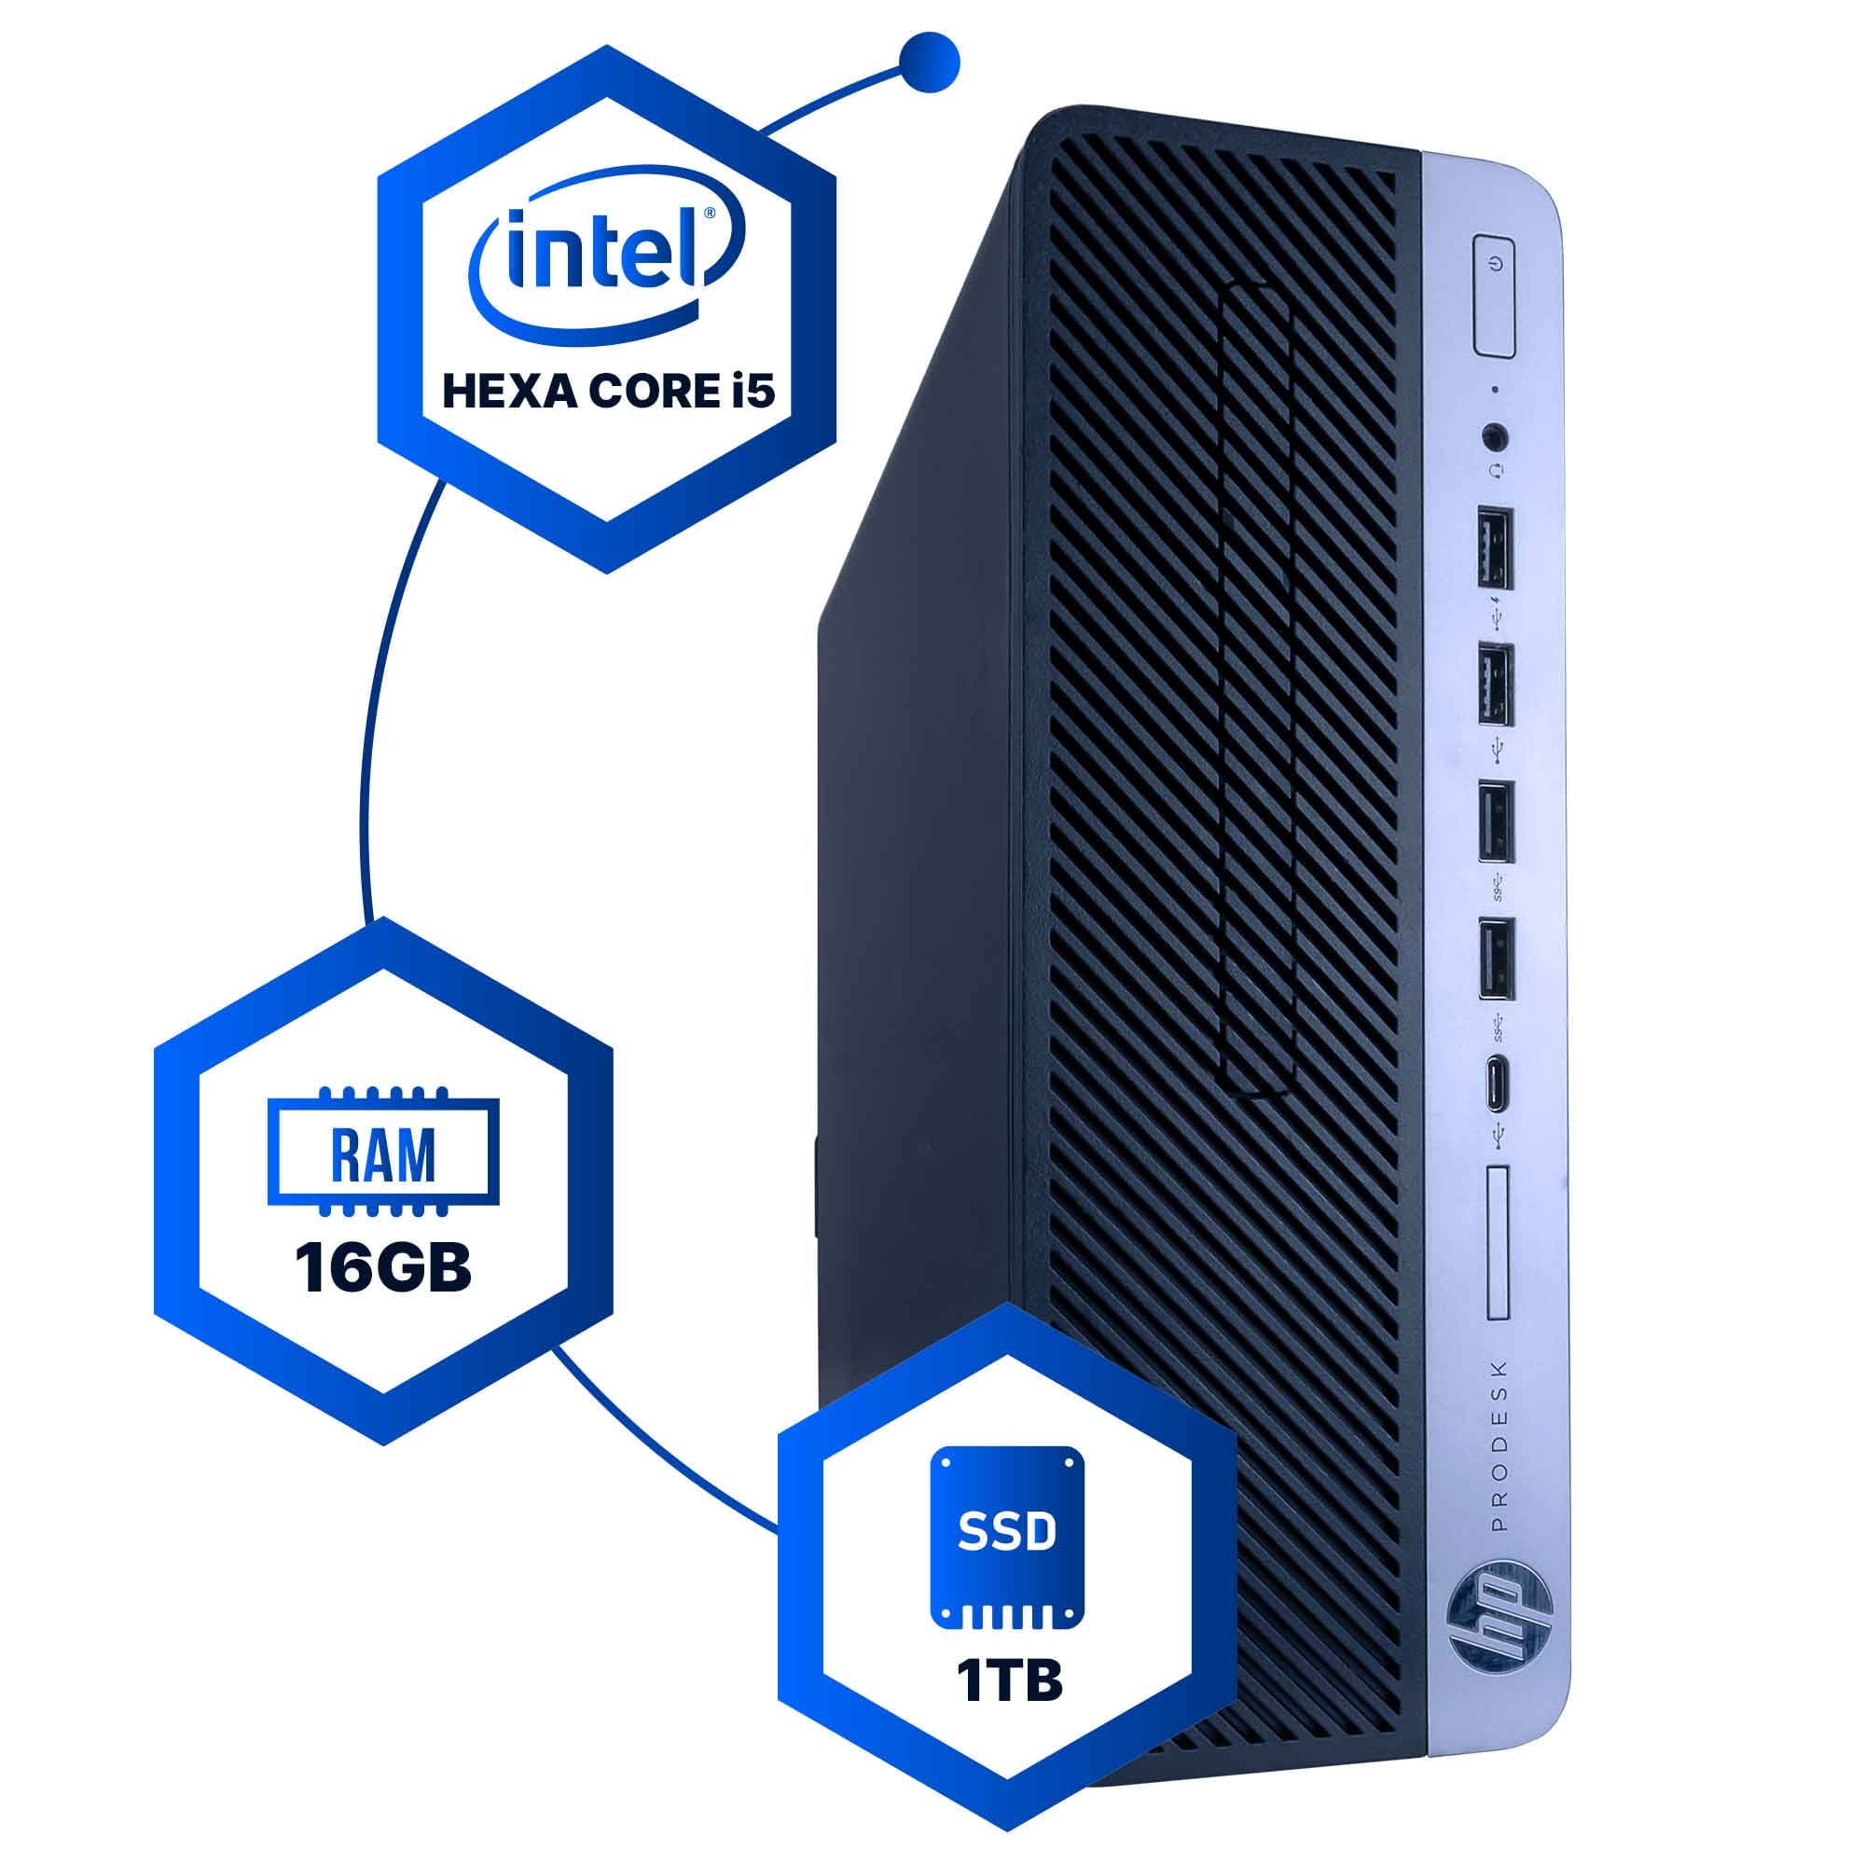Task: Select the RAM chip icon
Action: [x=383, y=1153]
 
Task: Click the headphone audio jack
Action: [x=1497, y=436]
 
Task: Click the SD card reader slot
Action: [x=1499, y=1242]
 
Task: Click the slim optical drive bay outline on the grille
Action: [x=1255, y=690]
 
